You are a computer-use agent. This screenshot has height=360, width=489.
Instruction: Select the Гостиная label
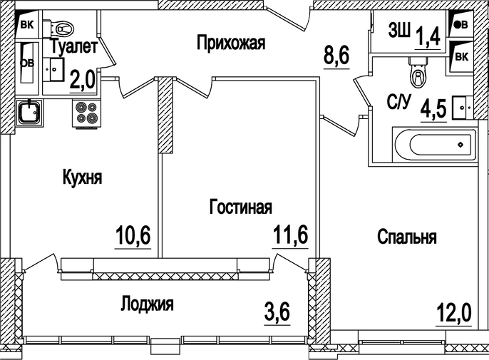point(240,207)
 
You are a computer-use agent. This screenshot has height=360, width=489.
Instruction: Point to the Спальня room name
point(407,237)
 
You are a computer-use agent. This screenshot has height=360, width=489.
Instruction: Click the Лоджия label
point(147,304)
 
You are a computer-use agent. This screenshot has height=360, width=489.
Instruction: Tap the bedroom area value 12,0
point(454,312)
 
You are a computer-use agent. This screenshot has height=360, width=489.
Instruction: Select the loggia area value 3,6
point(278,312)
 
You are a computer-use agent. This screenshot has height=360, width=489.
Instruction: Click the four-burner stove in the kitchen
point(86,113)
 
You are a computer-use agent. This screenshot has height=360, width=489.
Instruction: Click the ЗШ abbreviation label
point(398,31)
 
